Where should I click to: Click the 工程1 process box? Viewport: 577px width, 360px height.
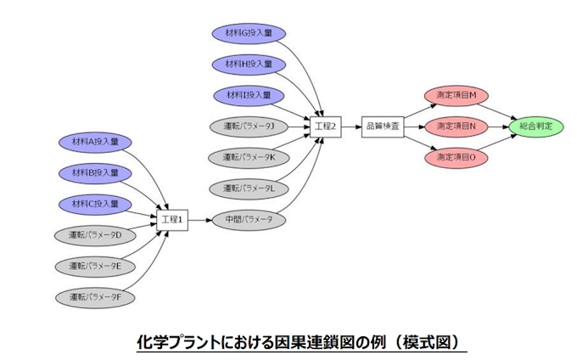pyautogui.click(x=172, y=219)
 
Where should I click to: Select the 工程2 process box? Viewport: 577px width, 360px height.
pyautogui.click(x=326, y=126)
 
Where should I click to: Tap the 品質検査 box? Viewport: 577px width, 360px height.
pyautogui.click(x=382, y=126)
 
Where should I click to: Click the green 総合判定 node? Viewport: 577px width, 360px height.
pyautogui.click(x=536, y=126)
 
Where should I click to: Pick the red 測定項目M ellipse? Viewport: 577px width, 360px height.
pyautogui.click(x=456, y=94)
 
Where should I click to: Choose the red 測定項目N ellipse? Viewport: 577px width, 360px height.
pyautogui.click(x=456, y=126)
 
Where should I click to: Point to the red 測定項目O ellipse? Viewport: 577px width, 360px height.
pyautogui.click(x=456, y=157)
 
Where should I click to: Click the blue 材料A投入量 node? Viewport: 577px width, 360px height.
pyautogui.click(x=95, y=142)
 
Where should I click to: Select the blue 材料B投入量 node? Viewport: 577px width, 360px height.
pyautogui.click(x=95, y=173)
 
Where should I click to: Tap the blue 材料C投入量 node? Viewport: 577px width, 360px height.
pyautogui.click(x=95, y=204)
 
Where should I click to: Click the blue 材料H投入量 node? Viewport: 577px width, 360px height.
pyautogui.click(x=249, y=64)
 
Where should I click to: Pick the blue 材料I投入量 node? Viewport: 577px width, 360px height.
pyautogui.click(x=249, y=94)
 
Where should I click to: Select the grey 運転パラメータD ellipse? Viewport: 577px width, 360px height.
pyautogui.click(x=95, y=234)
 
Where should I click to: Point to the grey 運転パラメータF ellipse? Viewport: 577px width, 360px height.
pyautogui.click(x=95, y=297)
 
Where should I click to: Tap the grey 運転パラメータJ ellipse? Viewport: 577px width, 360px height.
pyautogui.click(x=249, y=126)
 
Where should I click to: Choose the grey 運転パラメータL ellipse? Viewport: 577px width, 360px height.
pyautogui.click(x=249, y=188)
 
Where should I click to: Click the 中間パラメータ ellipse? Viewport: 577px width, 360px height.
pyautogui.click(x=249, y=219)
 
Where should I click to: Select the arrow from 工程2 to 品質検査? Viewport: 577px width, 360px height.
pyautogui.click(x=350, y=126)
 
